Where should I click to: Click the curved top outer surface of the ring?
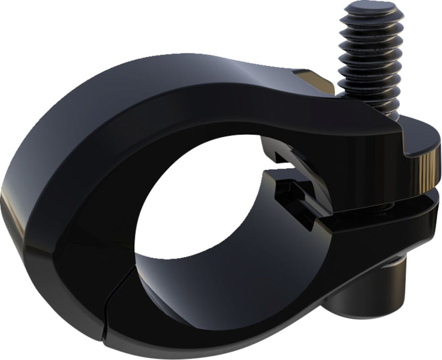point(166,72)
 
